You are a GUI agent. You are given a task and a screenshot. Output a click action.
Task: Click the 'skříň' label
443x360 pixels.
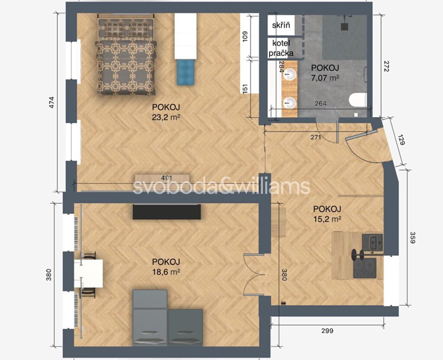281,25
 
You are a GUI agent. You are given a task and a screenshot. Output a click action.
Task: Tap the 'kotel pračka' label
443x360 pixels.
281,48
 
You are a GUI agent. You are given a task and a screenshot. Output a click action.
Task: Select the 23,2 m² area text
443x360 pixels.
166,117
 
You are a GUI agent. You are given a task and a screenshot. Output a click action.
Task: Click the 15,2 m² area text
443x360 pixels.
327,219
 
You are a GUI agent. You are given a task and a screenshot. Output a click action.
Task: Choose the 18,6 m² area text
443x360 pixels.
166,272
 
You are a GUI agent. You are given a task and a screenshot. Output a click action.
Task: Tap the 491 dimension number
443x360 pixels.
167,178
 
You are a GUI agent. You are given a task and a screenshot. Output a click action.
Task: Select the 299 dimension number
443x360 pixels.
327,330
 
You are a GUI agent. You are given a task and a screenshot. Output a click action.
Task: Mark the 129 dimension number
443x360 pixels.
401,139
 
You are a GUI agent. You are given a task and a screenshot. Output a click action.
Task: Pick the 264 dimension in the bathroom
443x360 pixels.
321,103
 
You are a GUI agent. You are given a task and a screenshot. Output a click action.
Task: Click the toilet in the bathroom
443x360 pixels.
358,100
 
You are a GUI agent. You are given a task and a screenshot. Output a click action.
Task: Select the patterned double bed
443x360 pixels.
126,55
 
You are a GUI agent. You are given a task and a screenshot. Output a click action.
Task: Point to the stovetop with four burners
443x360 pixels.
365,268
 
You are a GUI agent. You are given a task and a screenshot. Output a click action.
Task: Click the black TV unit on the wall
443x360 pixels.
167,212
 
